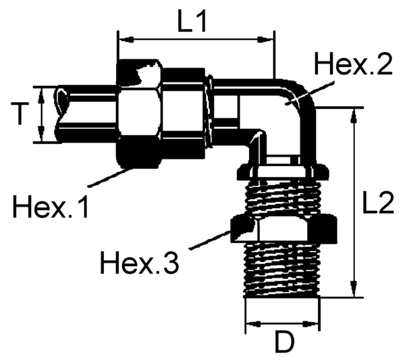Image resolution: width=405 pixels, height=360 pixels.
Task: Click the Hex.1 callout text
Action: coord(51,207)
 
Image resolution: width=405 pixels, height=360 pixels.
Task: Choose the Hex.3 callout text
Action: coord(139,261)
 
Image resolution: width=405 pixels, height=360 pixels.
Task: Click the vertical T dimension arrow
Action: coord(43,113)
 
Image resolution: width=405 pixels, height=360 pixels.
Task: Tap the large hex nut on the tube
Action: coord(138,113)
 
